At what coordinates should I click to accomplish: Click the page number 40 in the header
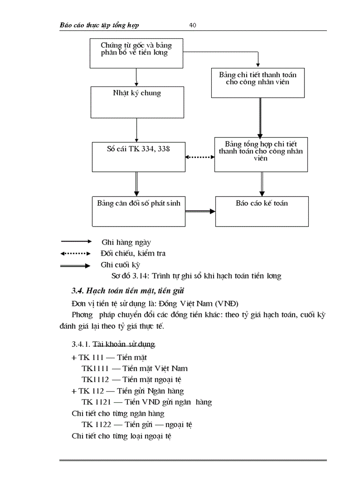coord(193,25)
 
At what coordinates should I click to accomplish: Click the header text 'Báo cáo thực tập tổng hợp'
coord(99,25)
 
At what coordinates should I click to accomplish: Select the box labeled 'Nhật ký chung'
coord(137,102)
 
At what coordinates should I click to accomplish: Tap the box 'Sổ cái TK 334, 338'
coord(139,156)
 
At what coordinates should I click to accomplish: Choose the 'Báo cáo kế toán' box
coord(262,211)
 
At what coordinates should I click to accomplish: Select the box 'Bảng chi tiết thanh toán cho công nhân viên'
coord(258,82)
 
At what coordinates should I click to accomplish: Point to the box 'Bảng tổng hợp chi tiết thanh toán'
coord(261,154)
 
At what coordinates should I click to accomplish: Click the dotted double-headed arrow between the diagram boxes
coord(200,156)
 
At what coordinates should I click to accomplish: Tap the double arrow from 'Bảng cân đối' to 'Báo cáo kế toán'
coord(200,212)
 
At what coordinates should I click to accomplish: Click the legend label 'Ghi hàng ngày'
coord(126,242)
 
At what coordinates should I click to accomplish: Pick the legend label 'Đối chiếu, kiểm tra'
coord(133,253)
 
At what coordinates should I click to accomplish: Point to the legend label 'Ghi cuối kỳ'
coord(120,265)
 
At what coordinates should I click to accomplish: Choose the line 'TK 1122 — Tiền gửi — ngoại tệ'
coord(137,425)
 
